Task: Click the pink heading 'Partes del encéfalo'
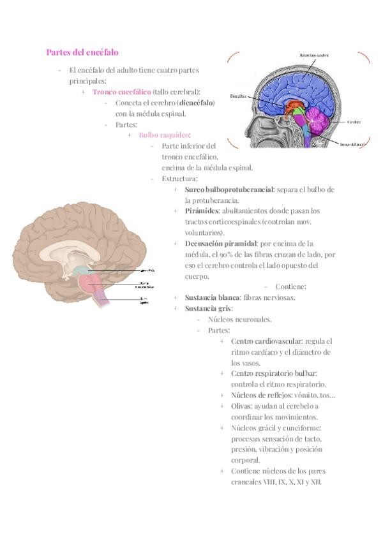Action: [82, 52]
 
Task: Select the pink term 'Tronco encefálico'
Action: [121, 91]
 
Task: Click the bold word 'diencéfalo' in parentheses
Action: [195, 102]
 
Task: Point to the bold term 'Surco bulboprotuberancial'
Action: [229, 189]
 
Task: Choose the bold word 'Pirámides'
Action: [202, 211]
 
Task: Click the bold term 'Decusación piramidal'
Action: [220, 244]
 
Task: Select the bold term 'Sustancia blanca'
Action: [213, 297]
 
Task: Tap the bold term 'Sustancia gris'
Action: [208, 309]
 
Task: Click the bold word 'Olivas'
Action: [241, 406]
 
